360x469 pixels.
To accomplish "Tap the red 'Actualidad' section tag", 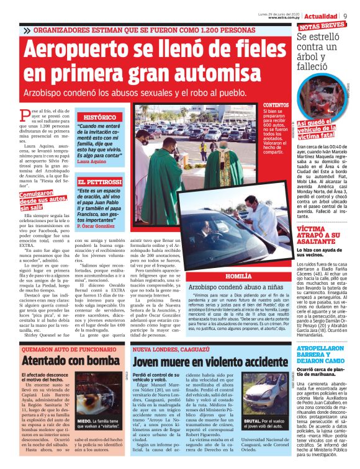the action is pyautogui.click(x=320, y=15).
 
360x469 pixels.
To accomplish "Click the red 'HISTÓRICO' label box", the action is pyautogui.click(x=99, y=117).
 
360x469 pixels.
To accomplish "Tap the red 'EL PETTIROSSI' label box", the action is pyautogui.click(x=99, y=182).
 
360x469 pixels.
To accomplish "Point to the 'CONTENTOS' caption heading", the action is pyautogui.click(x=276, y=106).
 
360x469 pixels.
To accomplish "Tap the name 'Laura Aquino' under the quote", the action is pyautogui.click(x=91, y=162).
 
